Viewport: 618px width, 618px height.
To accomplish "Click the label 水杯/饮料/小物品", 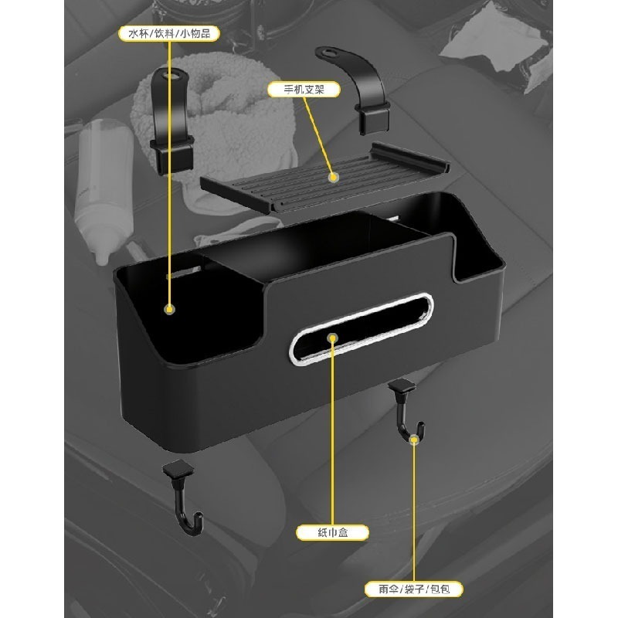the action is [x=169, y=33].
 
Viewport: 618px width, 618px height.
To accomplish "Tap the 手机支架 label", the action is [x=304, y=90].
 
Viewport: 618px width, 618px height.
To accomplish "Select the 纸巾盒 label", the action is [x=332, y=532].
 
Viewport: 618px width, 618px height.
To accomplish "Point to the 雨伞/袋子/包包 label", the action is [x=413, y=589].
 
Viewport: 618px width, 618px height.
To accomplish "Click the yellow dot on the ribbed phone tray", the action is [x=334, y=178].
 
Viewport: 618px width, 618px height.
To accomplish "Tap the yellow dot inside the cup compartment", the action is [x=170, y=309].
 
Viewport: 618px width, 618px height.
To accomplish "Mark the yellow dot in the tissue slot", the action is [x=333, y=338].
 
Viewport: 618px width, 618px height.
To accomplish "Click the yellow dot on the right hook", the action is [x=414, y=440].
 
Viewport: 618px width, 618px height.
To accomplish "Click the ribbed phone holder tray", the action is [x=325, y=179].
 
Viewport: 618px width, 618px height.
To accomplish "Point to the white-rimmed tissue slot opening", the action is [x=362, y=329].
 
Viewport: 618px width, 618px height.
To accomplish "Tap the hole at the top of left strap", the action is [x=172, y=74].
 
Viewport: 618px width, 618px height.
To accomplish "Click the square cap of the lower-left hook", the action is [x=178, y=469].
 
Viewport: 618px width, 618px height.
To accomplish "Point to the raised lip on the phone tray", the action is [x=410, y=157].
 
